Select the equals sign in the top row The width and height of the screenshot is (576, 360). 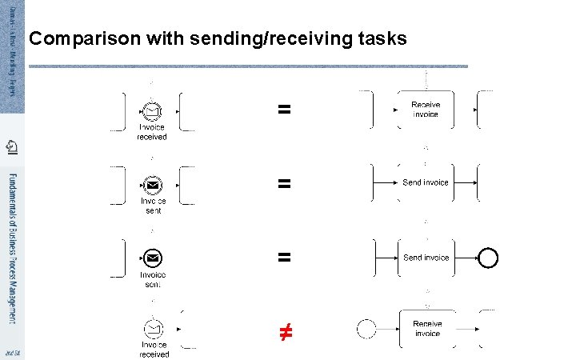[283, 110]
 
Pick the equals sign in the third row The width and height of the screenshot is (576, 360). [283, 258]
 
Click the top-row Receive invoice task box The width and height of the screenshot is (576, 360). [426, 110]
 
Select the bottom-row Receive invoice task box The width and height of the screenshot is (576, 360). [427, 328]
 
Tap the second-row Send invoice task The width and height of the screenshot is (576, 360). [426, 182]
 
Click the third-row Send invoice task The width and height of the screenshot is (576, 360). [426, 258]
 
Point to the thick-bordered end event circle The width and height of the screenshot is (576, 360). [487, 258]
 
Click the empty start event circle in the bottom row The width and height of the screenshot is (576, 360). [366, 328]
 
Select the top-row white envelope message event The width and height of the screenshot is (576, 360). [152, 111]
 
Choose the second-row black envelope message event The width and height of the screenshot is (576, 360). [152, 184]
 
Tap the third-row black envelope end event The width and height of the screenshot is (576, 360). [154, 258]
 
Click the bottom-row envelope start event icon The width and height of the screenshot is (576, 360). [154, 329]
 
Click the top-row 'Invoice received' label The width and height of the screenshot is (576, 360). [152, 132]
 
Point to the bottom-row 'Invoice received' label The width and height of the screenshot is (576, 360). [154, 350]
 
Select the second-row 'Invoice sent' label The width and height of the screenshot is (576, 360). [153, 206]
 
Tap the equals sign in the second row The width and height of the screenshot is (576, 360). [283, 183]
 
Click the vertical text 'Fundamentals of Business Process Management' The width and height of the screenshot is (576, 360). [12, 248]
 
